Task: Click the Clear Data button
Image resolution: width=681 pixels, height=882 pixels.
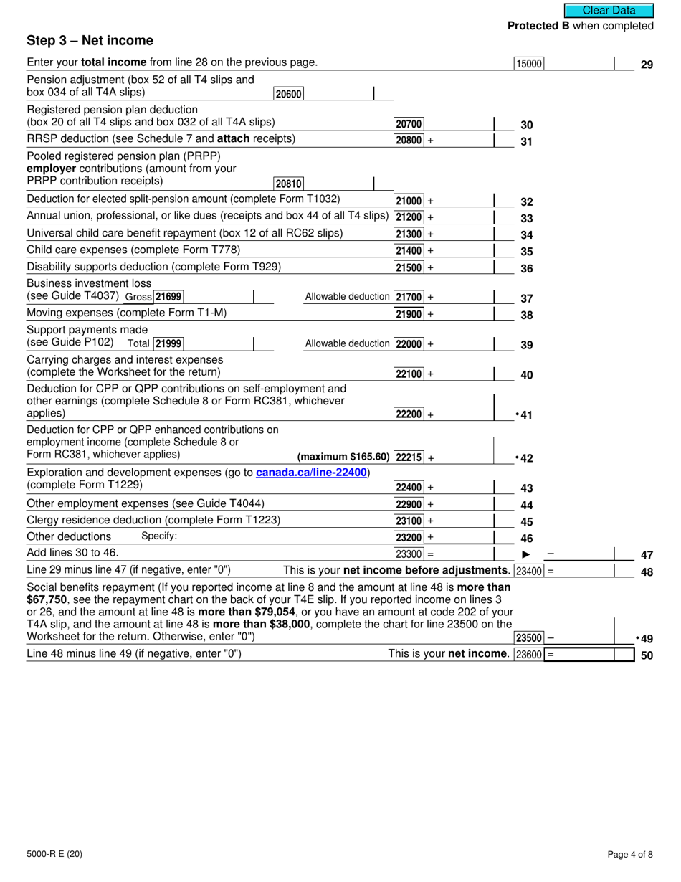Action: click(x=609, y=10)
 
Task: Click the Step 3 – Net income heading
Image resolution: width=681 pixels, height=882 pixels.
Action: click(x=90, y=41)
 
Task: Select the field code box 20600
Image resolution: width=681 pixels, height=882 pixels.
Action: click(x=289, y=93)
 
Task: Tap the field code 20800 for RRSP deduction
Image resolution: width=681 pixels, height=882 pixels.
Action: click(x=409, y=141)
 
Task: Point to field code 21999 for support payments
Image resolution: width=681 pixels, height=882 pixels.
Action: click(x=168, y=343)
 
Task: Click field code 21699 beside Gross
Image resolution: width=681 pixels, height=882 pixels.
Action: click(x=169, y=297)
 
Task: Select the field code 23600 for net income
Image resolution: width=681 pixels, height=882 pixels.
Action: click(x=529, y=654)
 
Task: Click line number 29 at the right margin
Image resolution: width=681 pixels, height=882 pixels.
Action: click(x=647, y=65)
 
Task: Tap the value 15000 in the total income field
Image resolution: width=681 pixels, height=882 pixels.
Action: click(x=529, y=64)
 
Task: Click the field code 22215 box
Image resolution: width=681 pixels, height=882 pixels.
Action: click(x=409, y=457)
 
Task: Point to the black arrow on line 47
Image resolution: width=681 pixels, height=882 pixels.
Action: click(x=525, y=554)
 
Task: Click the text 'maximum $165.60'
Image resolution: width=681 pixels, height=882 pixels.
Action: click(x=343, y=457)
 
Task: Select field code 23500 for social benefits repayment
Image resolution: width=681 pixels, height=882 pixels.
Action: click(x=529, y=638)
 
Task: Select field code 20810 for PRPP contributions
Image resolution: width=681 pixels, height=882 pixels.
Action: click(x=289, y=184)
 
